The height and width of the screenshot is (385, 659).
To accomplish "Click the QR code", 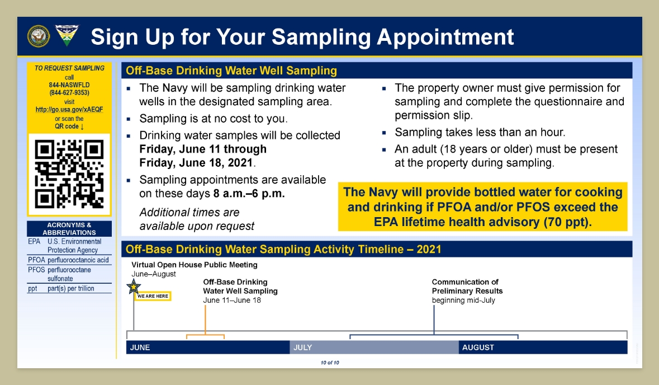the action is click(69, 174).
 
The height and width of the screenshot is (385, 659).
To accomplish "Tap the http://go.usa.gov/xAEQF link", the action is click(69, 109).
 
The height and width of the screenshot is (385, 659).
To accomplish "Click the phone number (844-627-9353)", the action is click(69, 92).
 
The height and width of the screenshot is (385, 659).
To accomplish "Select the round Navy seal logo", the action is click(39, 36).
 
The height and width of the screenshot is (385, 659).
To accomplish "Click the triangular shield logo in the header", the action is click(67, 35).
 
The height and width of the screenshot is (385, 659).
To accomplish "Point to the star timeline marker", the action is click(134, 287).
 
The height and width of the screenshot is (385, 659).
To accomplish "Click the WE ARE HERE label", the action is click(153, 296).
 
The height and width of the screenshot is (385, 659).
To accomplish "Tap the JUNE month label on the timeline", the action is click(140, 348).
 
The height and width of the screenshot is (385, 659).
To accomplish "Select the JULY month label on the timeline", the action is click(302, 348).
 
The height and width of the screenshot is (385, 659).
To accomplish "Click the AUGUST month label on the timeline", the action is click(478, 348).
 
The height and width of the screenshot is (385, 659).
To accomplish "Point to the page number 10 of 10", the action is click(330, 363).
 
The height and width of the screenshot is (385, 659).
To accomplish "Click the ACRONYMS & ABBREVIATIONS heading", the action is click(69, 229).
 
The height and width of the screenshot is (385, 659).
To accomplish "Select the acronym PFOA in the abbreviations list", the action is click(36, 260).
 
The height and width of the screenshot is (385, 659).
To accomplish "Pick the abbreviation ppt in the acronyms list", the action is click(32, 289).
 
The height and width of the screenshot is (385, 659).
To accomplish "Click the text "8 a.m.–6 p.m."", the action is click(249, 194).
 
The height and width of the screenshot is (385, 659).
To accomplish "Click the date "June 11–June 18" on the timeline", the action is click(232, 301).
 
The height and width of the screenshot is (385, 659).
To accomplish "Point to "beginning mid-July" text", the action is click(463, 301).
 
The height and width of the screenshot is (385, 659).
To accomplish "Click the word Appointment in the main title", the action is click(445, 37).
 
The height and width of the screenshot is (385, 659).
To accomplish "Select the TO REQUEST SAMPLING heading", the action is click(69, 68).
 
